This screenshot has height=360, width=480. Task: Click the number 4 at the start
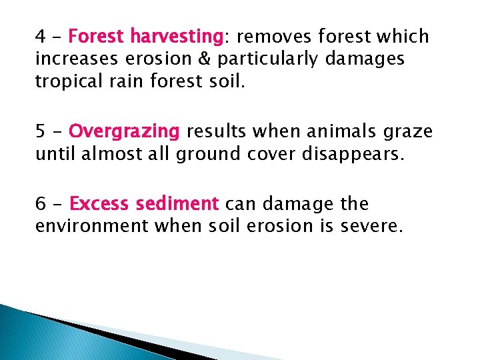[x=40, y=36]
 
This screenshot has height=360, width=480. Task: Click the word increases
[x=73, y=59]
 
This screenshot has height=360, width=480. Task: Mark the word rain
[x=126, y=83]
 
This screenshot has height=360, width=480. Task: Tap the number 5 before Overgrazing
[x=40, y=131]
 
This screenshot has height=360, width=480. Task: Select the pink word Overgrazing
[x=125, y=131]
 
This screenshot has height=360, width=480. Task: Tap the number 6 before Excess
[x=40, y=203]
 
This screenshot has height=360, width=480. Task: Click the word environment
[x=92, y=227]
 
